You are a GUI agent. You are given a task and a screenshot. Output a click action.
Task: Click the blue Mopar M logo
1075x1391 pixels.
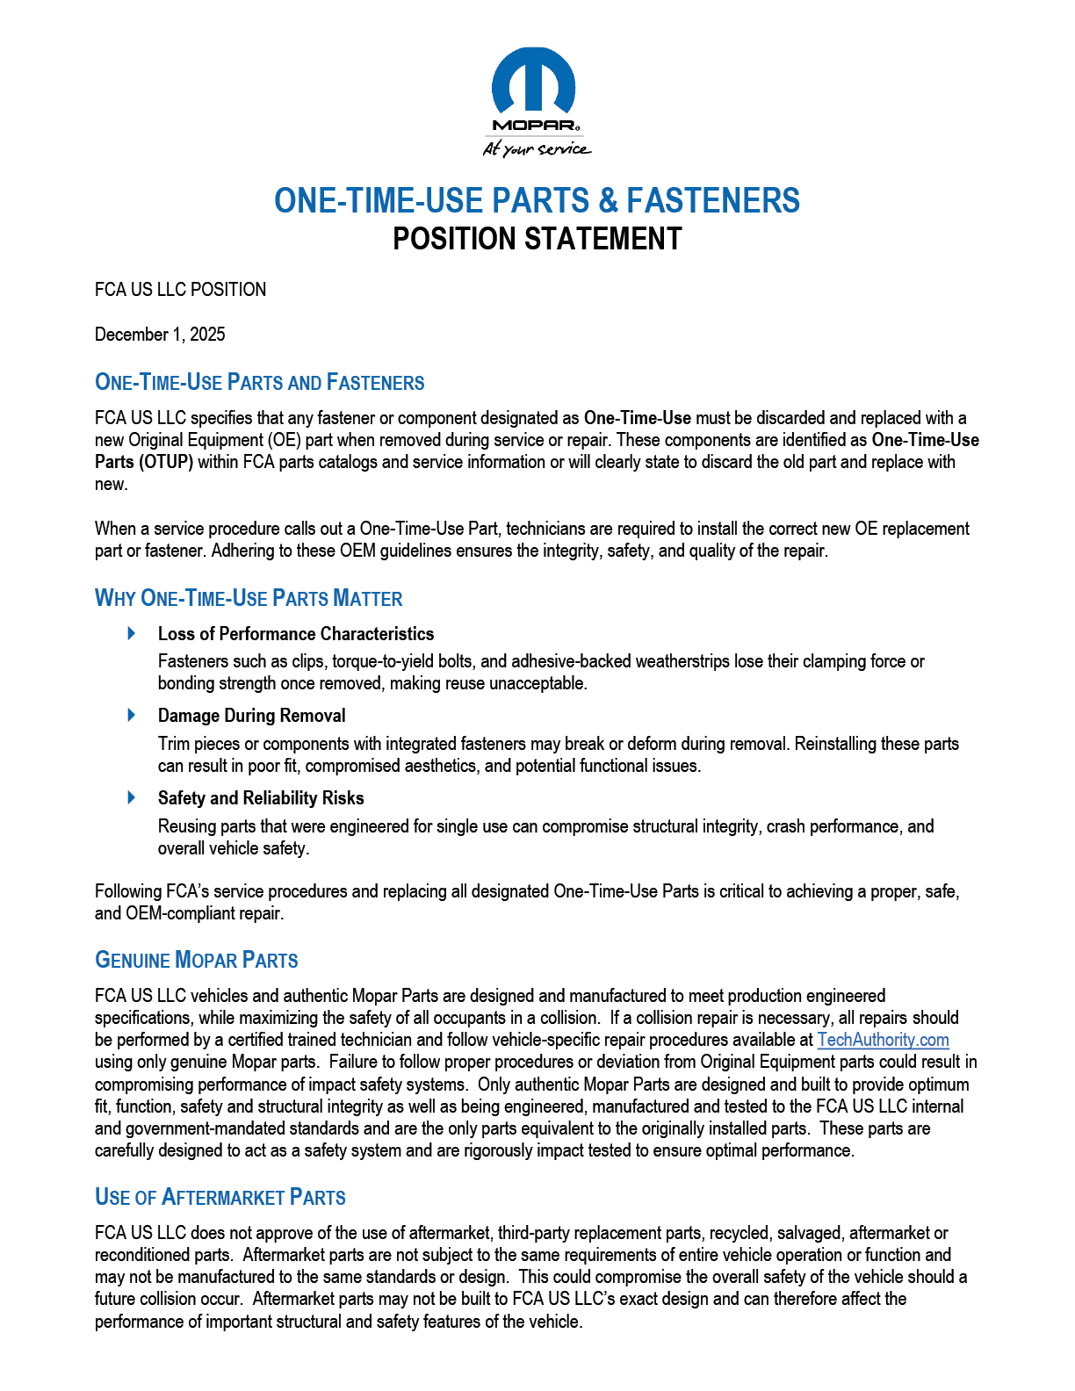point(533,82)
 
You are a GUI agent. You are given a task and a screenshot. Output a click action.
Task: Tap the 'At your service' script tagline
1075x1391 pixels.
point(536,148)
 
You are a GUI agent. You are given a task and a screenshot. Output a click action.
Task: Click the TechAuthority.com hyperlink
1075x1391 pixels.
point(883,1040)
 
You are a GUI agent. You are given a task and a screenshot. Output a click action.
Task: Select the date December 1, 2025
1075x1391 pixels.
point(160,335)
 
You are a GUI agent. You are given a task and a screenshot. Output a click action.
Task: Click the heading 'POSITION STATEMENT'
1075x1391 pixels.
point(537,239)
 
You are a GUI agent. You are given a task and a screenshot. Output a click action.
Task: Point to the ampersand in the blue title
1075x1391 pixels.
point(608,201)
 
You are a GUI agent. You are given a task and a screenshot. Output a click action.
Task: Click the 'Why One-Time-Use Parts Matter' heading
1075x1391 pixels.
point(249,599)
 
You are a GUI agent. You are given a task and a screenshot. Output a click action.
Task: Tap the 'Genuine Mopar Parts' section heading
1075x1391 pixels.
point(197,960)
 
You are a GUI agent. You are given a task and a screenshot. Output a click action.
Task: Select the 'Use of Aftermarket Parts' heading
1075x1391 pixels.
point(220,1198)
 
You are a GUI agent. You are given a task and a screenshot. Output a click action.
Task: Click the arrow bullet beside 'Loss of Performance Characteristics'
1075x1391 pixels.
point(132,633)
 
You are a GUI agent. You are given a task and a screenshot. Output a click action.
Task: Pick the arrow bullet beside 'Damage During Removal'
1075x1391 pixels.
point(132,715)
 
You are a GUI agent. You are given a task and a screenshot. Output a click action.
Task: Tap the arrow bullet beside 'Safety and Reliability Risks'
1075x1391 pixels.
point(132,797)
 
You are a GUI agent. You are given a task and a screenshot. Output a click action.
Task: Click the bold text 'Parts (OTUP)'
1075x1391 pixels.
point(144,462)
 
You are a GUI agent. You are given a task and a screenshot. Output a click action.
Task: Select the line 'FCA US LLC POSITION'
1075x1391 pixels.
point(180,290)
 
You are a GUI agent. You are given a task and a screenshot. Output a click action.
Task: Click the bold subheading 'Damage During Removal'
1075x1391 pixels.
point(251,716)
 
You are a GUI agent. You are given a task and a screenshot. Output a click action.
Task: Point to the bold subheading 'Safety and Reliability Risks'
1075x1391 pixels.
point(261,798)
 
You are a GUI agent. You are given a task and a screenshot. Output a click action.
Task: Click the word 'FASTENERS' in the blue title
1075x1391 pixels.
point(712,201)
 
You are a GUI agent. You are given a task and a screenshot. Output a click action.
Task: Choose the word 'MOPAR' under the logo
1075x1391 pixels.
point(532,126)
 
